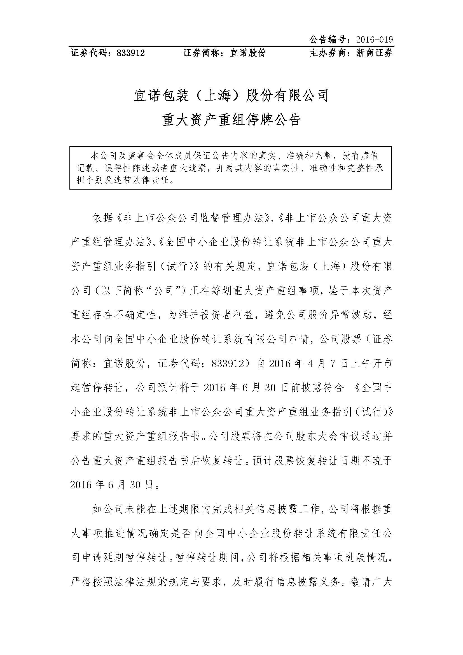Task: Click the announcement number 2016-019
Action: pyautogui.click(x=374, y=40)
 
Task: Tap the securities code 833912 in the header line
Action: pyautogui.click(x=130, y=53)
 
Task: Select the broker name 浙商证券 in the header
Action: pyautogui.click(x=374, y=53)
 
